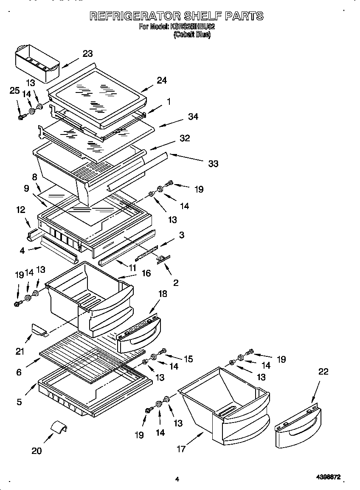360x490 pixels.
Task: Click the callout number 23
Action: (x=87, y=53)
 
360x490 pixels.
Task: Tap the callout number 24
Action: (x=161, y=80)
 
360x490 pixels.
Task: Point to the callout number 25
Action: (x=14, y=90)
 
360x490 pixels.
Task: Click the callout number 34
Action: (x=193, y=116)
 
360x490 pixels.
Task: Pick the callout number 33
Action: (x=213, y=163)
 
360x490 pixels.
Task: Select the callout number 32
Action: (x=184, y=138)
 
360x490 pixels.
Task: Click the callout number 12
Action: (x=20, y=210)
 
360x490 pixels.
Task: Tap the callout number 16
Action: (x=146, y=273)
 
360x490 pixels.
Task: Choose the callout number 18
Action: (x=162, y=294)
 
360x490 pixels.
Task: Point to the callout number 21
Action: (x=20, y=351)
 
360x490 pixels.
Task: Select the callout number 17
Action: (x=181, y=449)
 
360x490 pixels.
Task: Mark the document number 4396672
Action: (x=328, y=478)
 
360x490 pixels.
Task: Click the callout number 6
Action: (x=19, y=372)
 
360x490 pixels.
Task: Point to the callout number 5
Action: (x=20, y=401)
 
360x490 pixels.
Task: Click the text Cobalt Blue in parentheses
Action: (x=192, y=35)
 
